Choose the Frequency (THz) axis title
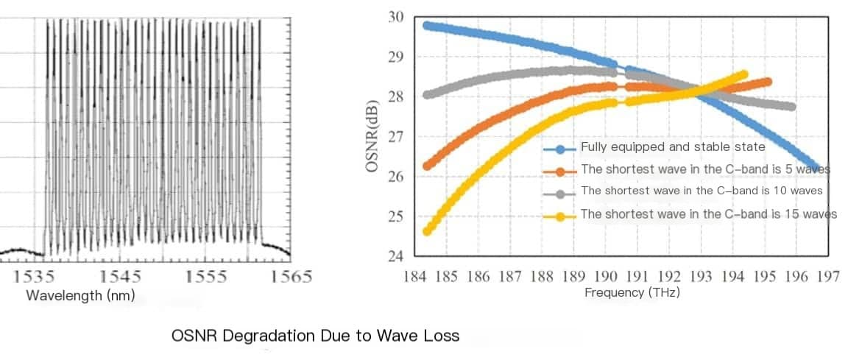click(x=632, y=293)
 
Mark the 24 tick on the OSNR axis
click(x=396, y=257)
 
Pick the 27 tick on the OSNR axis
click(x=396, y=137)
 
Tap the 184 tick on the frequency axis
click(x=416, y=277)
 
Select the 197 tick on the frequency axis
click(x=828, y=277)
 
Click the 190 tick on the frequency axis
click(x=605, y=277)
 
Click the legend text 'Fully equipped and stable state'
click(x=673, y=147)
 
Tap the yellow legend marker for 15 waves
click(x=561, y=216)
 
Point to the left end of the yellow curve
click(x=427, y=231)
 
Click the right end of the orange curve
click(x=768, y=82)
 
